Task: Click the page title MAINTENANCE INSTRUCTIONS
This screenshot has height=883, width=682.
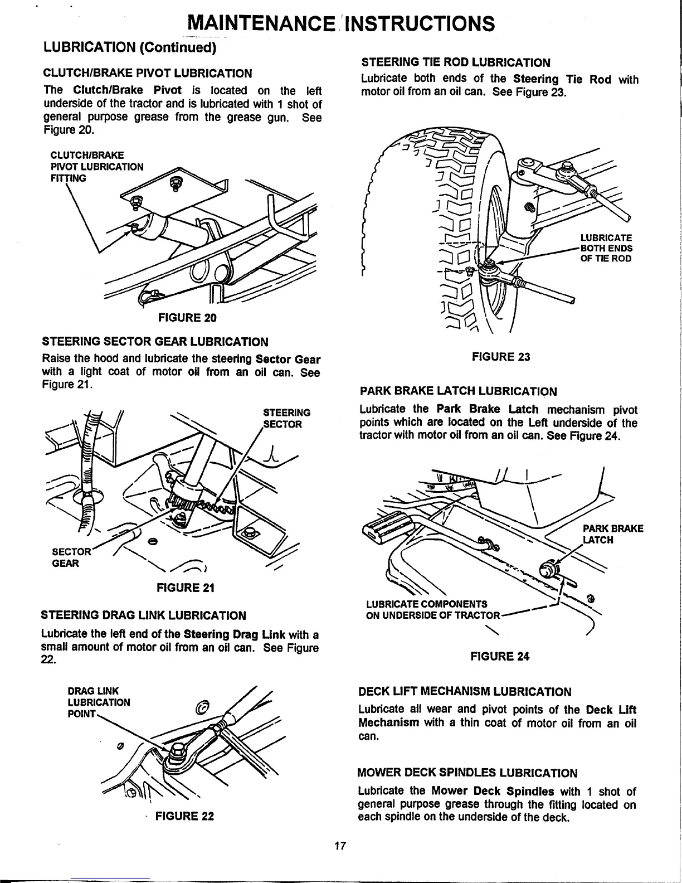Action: point(341,23)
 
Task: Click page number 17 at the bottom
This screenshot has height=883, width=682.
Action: point(340,862)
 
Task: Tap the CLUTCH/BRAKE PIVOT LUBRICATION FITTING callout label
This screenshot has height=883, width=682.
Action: point(96,166)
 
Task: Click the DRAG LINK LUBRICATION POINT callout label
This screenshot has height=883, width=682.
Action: point(98,702)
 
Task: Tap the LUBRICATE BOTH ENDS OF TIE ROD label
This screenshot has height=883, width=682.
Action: point(606,248)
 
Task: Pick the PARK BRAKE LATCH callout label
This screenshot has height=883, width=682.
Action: point(612,534)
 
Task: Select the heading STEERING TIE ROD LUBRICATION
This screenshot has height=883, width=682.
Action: point(456,62)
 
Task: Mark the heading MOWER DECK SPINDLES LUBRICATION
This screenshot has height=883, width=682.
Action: point(467,773)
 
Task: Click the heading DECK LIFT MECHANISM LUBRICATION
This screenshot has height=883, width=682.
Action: point(465,692)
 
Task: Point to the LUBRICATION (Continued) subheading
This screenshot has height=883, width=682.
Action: point(129,48)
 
